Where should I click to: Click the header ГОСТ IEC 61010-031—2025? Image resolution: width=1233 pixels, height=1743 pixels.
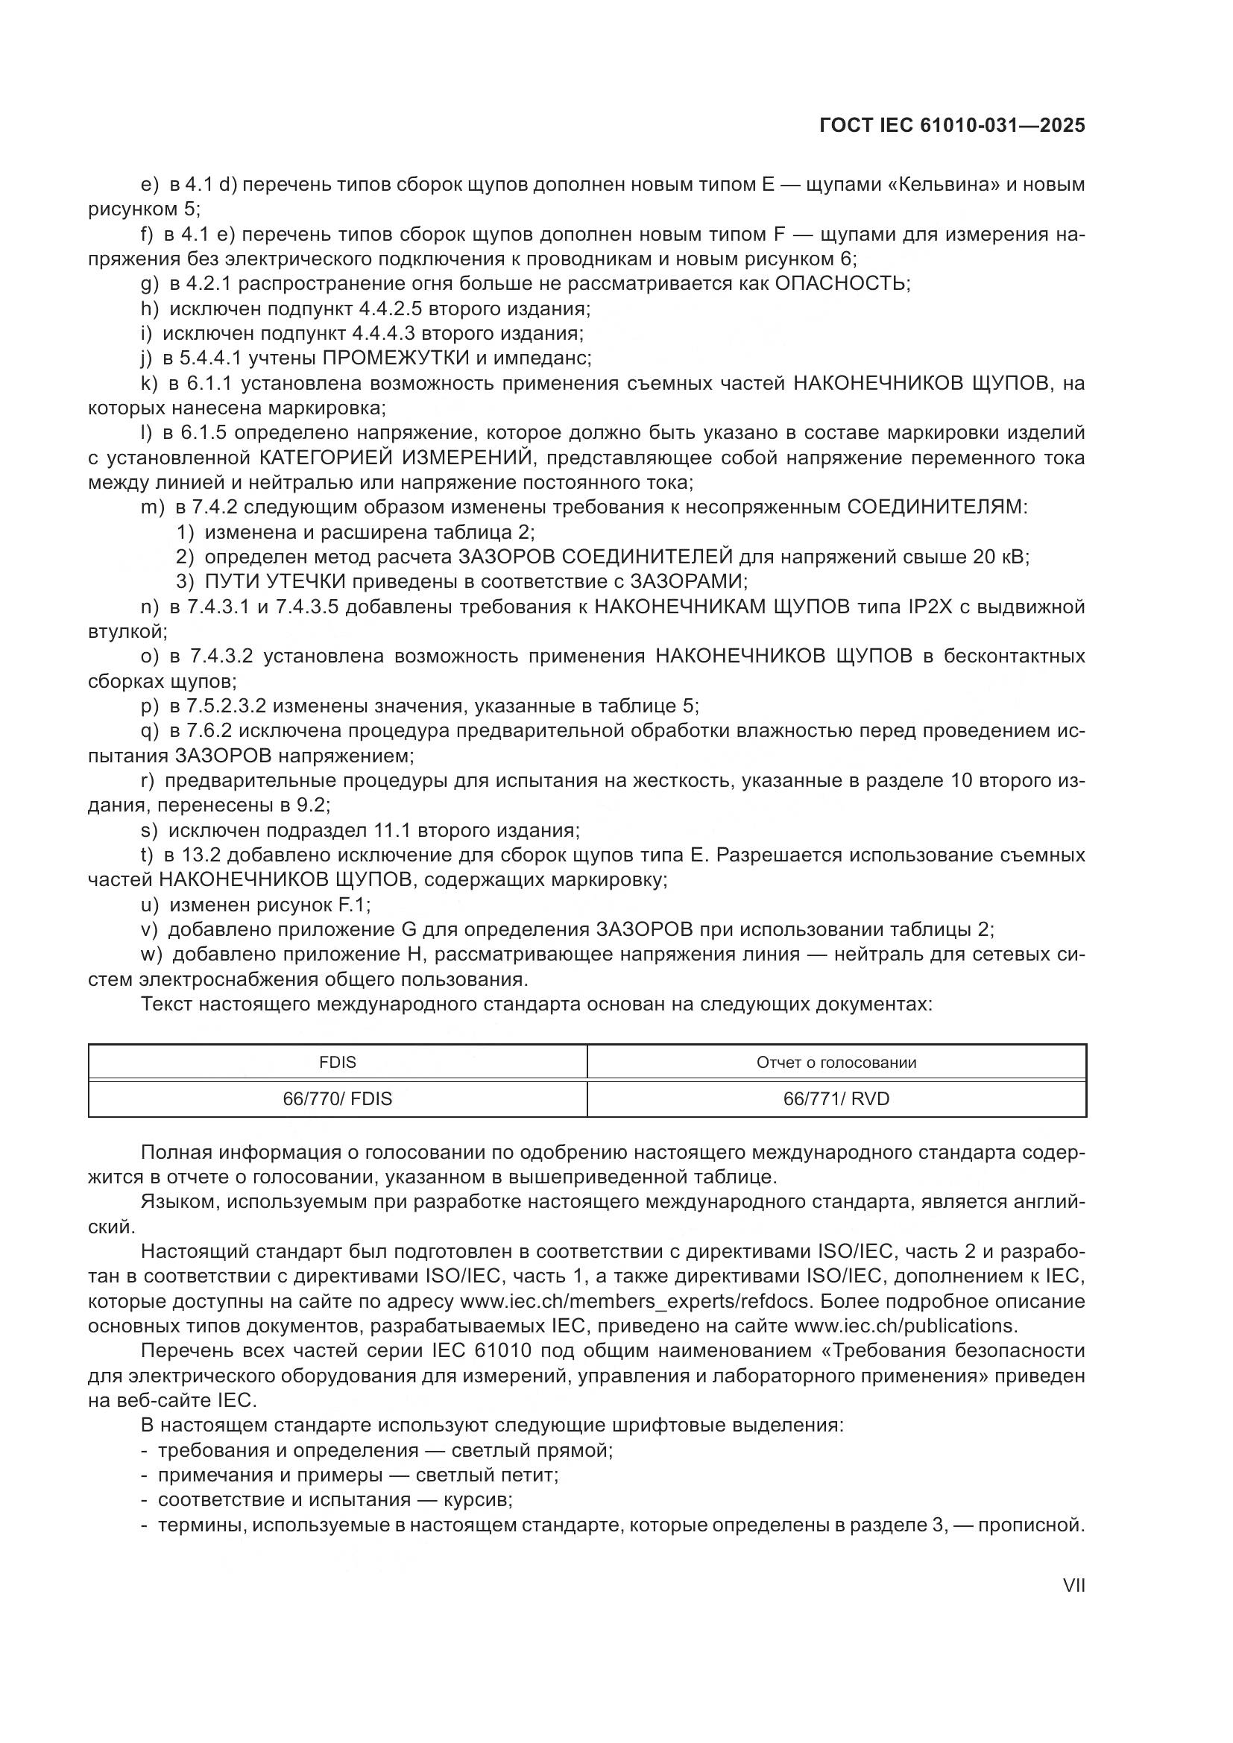(952, 126)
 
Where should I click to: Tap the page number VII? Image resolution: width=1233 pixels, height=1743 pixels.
(1073, 1586)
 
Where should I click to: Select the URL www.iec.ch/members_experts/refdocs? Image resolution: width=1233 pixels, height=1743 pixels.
(636, 1301)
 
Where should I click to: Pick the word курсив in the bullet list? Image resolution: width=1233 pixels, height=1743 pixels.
(478, 1500)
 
